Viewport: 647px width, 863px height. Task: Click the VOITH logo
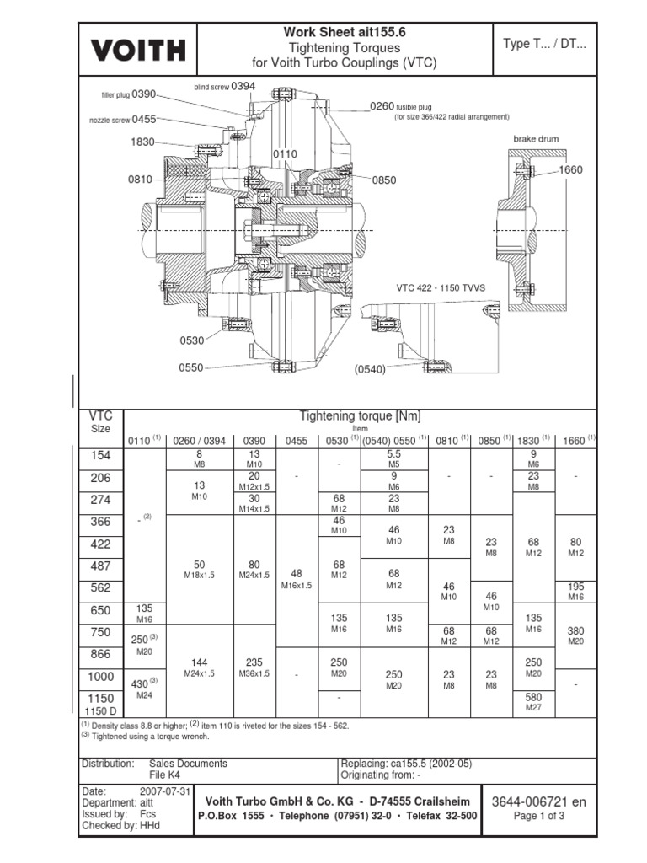pyautogui.click(x=138, y=50)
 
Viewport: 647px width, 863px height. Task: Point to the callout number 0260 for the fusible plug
pyautogui.click(x=382, y=106)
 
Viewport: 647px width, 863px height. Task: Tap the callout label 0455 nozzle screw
pyautogui.click(x=144, y=120)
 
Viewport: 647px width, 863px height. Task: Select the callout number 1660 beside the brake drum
pyautogui.click(x=570, y=170)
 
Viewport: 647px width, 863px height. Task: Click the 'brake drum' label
pyautogui.click(x=536, y=138)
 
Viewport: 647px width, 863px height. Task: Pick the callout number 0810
pyautogui.click(x=140, y=180)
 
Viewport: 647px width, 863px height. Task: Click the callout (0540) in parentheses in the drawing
pyautogui.click(x=369, y=368)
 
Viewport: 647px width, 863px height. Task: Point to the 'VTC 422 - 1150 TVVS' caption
pyautogui.click(x=441, y=288)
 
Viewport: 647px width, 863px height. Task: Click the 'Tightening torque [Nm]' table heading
pyautogui.click(x=360, y=416)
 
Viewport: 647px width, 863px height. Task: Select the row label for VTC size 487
pyautogui.click(x=100, y=566)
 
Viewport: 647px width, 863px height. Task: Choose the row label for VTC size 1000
pyautogui.click(x=100, y=677)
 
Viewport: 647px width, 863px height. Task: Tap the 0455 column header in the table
pyautogui.click(x=297, y=440)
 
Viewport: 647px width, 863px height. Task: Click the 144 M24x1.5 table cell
pyautogui.click(x=200, y=667)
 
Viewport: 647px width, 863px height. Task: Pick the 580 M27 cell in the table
pyautogui.click(x=533, y=702)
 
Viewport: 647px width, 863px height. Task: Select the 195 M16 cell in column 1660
pyautogui.click(x=576, y=590)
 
